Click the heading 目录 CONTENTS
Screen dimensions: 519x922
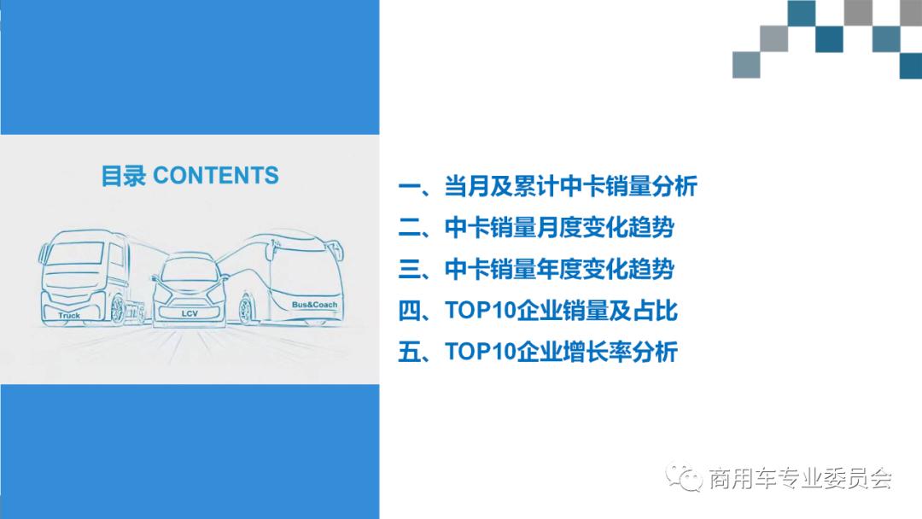190,176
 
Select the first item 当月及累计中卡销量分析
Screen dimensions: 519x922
548,187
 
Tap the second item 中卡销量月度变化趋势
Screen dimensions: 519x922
536,228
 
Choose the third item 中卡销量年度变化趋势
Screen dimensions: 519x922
536,270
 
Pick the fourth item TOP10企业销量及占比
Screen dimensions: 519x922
538,311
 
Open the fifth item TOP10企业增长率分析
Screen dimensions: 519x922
538,352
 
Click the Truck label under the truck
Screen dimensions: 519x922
69,316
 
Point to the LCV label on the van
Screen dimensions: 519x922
190,314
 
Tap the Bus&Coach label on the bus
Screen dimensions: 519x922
314,305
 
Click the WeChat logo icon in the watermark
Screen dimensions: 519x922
684,476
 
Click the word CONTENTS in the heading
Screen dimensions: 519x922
216,176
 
